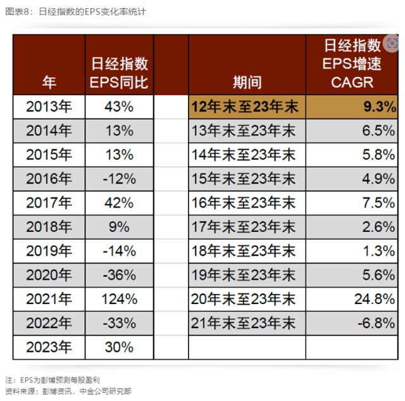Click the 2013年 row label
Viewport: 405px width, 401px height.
(49, 107)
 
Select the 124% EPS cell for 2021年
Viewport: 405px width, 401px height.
(120, 299)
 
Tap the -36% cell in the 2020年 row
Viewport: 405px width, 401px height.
(120, 275)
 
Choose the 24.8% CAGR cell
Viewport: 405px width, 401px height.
(375, 299)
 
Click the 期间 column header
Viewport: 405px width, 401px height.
(247, 82)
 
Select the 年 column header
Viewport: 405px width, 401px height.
(49, 82)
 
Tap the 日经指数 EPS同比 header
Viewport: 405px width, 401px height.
(120, 73)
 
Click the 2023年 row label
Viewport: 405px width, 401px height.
(49, 347)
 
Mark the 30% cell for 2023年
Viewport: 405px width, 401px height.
(120, 347)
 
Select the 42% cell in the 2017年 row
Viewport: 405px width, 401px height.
(120, 203)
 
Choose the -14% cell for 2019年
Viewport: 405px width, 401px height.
(120, 251)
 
